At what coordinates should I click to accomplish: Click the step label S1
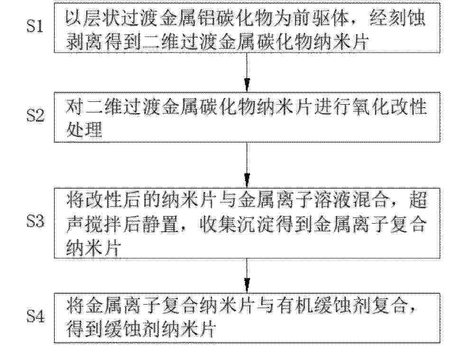[x=35, y=27]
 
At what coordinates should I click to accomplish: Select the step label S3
[x=36, y=221]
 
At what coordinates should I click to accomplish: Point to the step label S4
[x=36, y=316]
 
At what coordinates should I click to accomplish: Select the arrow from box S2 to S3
[x=247, y=165]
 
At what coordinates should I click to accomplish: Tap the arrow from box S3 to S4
[x=247, y=276]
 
